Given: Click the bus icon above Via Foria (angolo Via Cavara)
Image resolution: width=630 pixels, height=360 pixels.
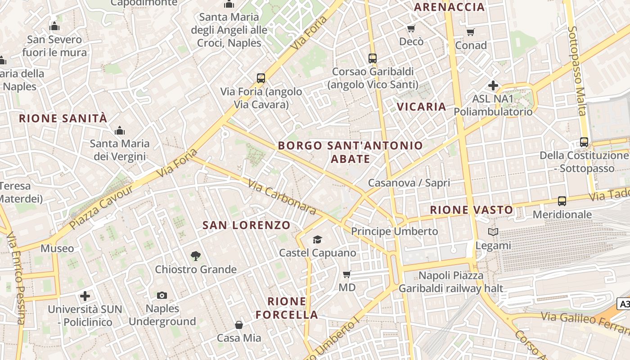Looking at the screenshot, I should point(261,78).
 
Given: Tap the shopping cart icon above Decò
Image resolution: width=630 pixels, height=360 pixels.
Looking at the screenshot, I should point(411,29).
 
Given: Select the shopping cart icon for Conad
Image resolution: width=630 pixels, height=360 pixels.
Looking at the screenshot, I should point(471,32).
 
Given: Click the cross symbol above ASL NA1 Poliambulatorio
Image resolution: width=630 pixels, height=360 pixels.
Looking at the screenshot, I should point(493,85).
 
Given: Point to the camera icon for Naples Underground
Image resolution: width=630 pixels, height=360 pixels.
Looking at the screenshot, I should point(162,295).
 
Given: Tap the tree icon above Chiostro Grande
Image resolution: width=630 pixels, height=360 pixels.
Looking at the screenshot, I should point(196,256).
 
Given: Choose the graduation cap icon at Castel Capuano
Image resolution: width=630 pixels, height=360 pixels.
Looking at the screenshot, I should point(318,239).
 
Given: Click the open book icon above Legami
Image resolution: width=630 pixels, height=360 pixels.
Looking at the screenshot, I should point(493,232).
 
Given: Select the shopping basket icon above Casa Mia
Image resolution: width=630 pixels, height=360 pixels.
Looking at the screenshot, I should point(239,324).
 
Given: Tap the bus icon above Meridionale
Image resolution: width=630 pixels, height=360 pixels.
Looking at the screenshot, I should point(562,201).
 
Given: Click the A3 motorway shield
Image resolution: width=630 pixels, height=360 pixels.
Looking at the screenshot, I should point(624,304).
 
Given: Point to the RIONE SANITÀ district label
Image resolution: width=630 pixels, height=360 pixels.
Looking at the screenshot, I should point(63,119).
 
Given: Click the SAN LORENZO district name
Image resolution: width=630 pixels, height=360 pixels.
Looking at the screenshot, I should point(246,225).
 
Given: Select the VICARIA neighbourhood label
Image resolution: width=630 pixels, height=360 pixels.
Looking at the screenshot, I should point(422,107).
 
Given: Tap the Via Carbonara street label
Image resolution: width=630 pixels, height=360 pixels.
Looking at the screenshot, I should point(282,197).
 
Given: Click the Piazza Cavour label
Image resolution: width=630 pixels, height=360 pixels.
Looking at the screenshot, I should point(101,207).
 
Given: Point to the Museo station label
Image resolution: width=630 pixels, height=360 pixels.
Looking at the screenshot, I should point(57,248).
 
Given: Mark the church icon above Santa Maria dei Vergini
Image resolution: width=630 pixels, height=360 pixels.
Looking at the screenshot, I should point(120,131).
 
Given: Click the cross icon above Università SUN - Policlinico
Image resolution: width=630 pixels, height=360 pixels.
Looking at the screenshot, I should point(85,296).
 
